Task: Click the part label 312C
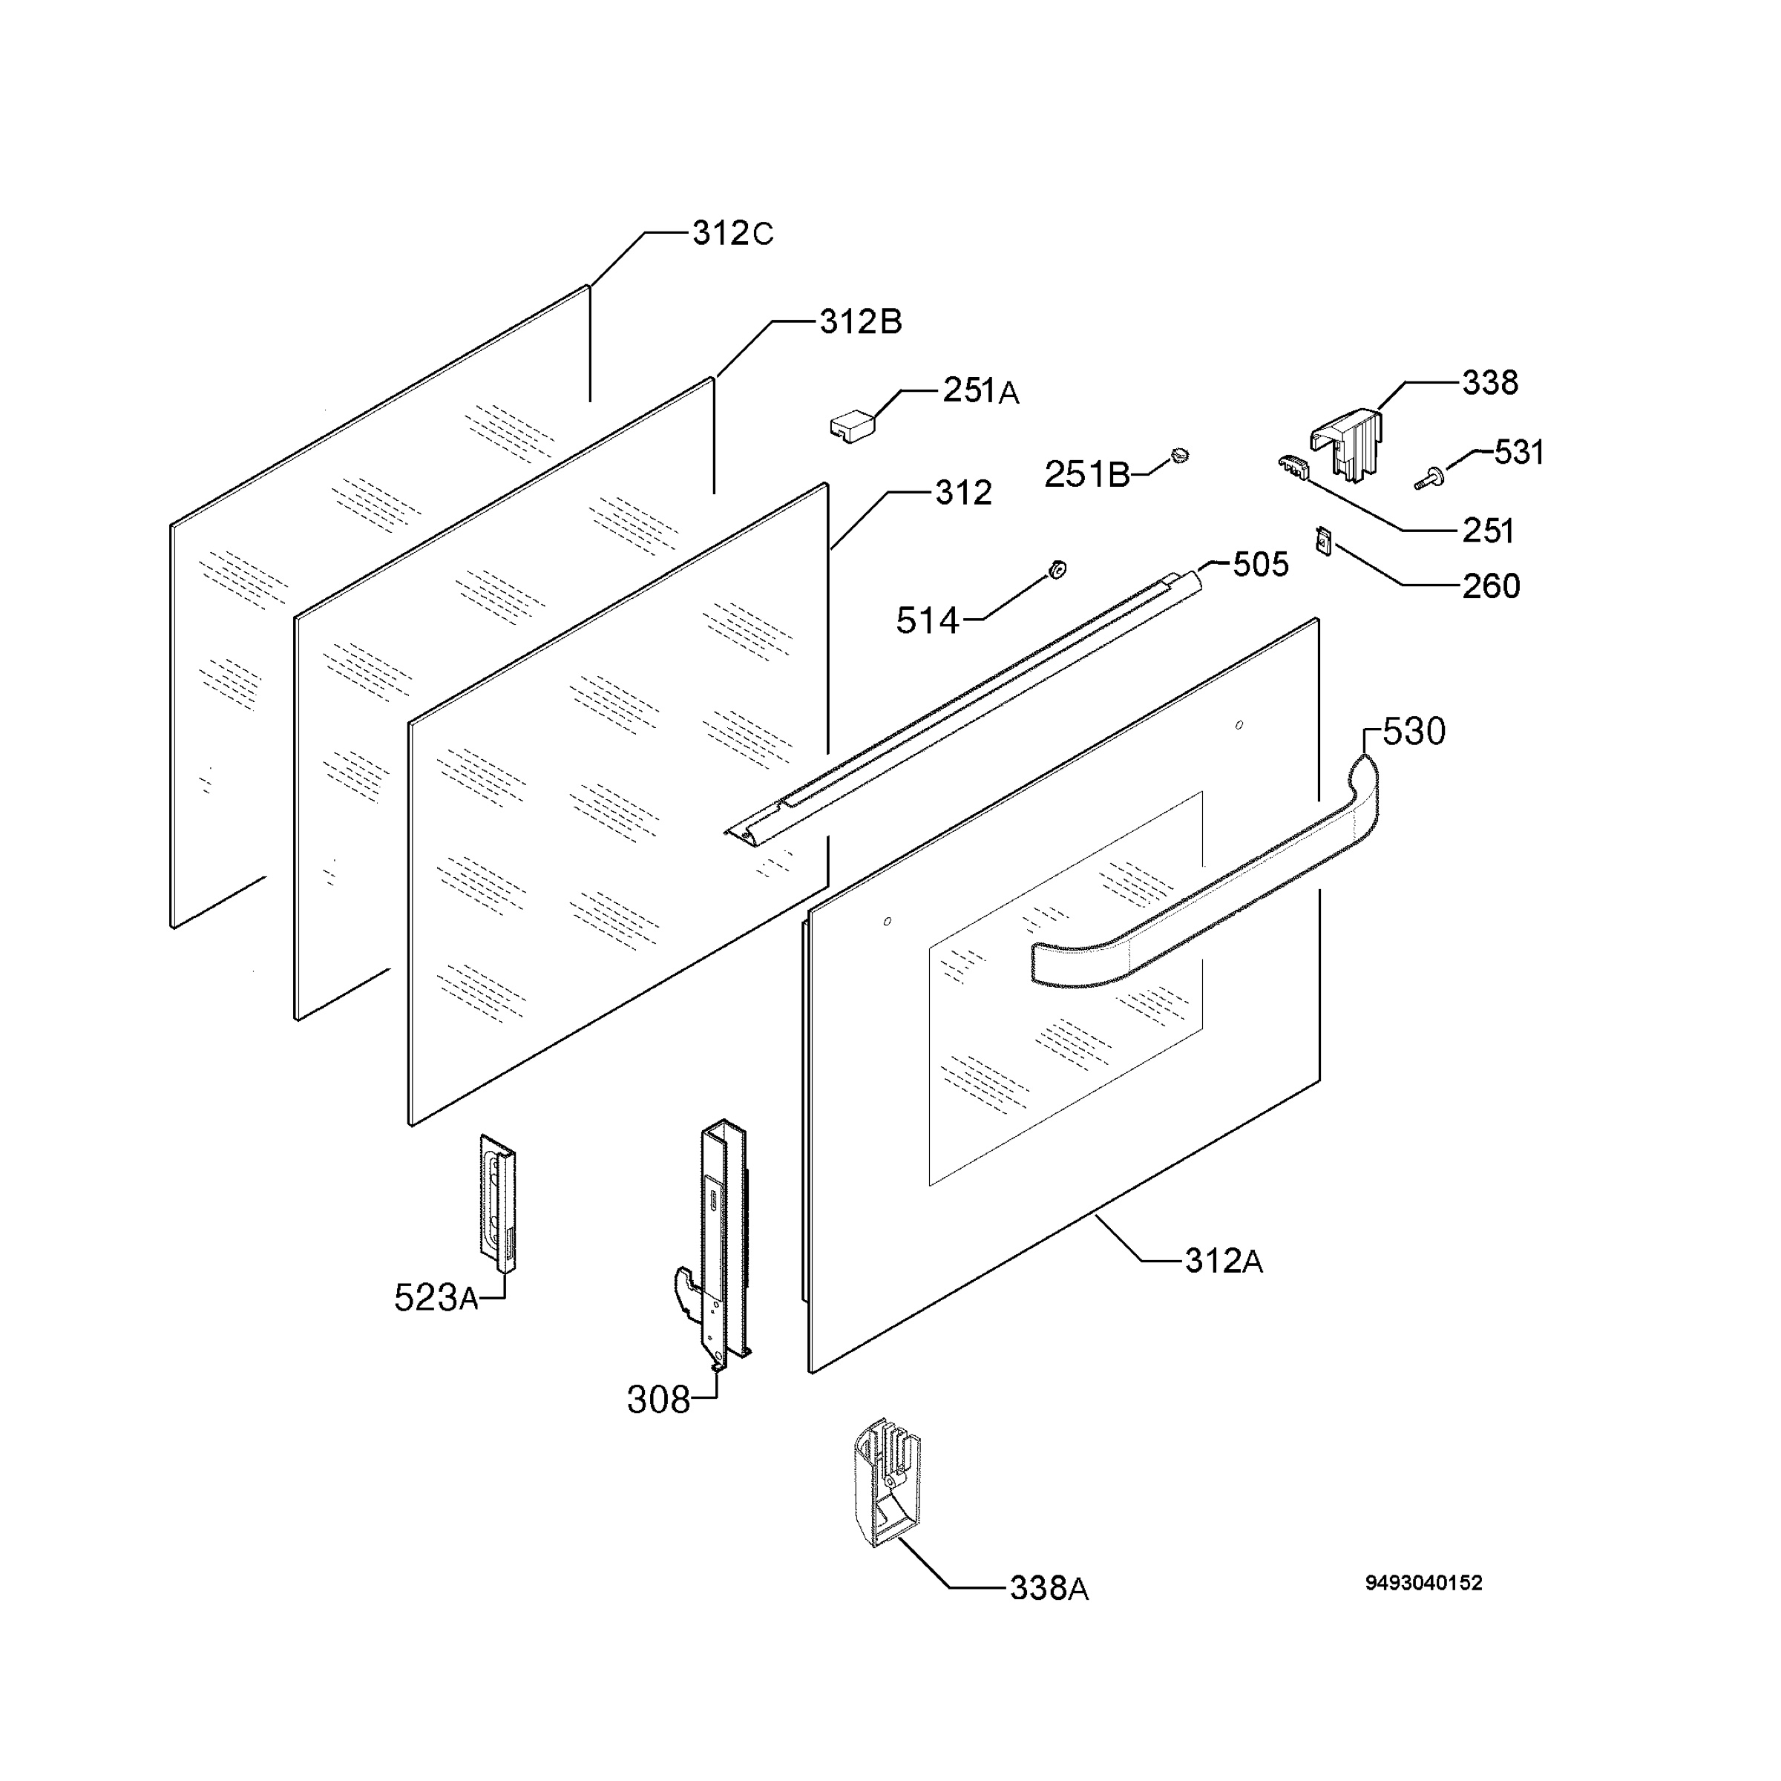pyautogui.click(x=733, y=234)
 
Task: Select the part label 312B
pyautogui.click(x=860, y=323)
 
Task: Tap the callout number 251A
pyautogui.click(x=981, y=392)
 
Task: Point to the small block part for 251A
pyautogui.click(x=852, y=427)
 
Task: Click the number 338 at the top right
pyautogui.click(x=1489, y=383)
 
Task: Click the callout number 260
pyautogui.click(x=1491, y=586)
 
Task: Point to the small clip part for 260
pyautogui.click(x=1325, y=540)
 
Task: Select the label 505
pyautogui.click(x=1260, y=564)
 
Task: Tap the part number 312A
pyautogui.click(x=1223, y=1260)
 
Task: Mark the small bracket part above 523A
pyautogui.click(x=498, y=1202)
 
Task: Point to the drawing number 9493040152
pyautogui.click(x=1423, y=1583)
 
